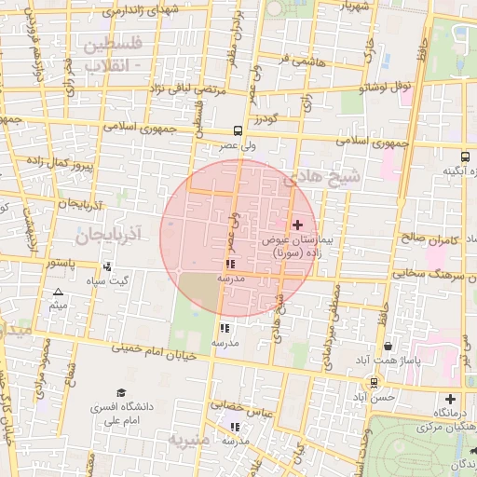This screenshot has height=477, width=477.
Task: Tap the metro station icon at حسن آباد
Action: point(374,382)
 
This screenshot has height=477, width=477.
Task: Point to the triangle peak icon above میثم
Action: point(58,292)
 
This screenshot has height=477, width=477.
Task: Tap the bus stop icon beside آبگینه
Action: point(465,156)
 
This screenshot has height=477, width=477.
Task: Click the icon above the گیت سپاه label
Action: point(120,266)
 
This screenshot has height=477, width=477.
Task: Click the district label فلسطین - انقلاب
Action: point(113,54)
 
